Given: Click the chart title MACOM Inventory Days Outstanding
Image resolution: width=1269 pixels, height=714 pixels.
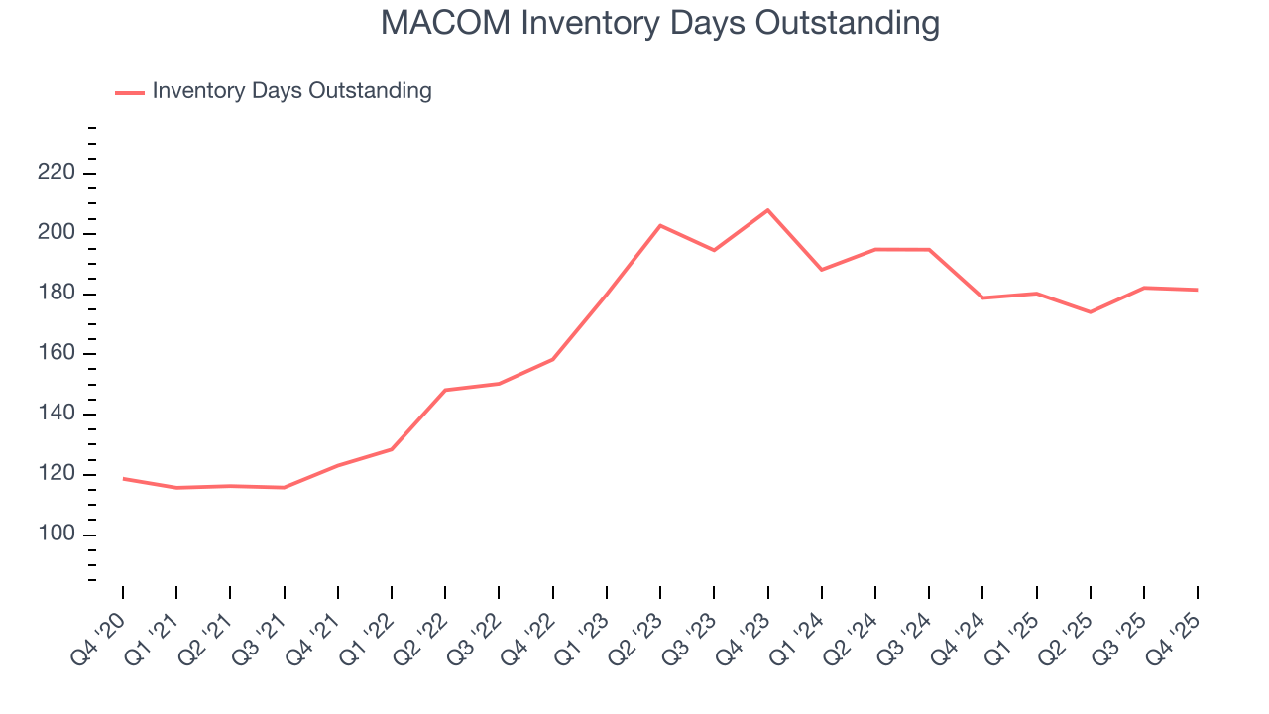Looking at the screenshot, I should [660, 22].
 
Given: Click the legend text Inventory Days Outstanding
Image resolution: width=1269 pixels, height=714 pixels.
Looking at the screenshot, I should [291, 91].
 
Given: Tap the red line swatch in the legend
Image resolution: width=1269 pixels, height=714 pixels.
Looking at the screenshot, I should [130, 92].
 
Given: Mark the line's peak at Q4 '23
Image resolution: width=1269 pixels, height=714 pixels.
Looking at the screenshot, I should [767, 210].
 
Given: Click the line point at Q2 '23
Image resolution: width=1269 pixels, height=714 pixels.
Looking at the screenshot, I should [660, 226].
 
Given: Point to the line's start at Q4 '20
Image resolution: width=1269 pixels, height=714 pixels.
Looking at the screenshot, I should [123, 479].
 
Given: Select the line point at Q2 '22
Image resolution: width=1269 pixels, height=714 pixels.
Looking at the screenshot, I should [445, 390].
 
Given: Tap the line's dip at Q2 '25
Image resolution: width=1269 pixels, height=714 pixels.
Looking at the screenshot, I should [1090, 312].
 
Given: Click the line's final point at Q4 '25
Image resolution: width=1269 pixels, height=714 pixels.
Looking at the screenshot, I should [1197, 290].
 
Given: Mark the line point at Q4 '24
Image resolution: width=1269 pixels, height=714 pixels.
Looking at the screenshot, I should [982, 297].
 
